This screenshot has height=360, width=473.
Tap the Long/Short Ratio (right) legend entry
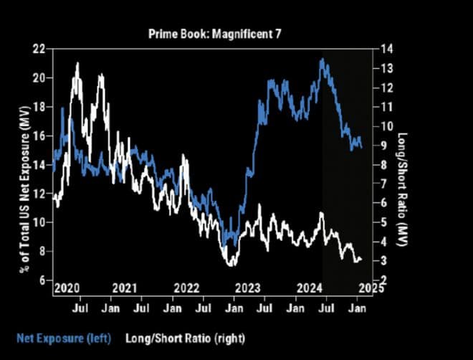click(176, 336)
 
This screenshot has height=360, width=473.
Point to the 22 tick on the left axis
click(40, 49)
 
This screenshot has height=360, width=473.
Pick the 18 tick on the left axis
click(40, 106)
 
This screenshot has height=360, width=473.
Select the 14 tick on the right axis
click(388, 49)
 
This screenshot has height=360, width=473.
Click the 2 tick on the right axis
click(386, 280)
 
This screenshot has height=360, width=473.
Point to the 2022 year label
click(187, 288)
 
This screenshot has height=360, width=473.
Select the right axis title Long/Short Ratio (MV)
click(403, 164)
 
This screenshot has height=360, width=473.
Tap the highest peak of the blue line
click(323, 59)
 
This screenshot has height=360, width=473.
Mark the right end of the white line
click(360, 260)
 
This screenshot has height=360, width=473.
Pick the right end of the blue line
click(361, 148)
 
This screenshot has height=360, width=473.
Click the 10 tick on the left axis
click(40, 222)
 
